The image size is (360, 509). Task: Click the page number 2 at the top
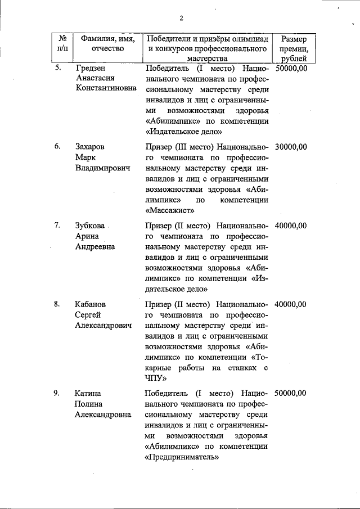(x=182, y=18)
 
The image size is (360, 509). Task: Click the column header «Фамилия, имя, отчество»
(x=107, y=44)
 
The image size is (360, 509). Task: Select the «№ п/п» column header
(x=63, y=44)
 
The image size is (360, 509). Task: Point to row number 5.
(x=57, y=69)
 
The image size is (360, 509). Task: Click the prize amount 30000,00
(x=291, y=147)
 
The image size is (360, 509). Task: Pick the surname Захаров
(x=90, y=147)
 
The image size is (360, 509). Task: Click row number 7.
(x=57, y=226)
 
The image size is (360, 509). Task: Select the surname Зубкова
(x=91, y=226)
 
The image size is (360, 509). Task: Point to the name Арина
(x=87, y=236)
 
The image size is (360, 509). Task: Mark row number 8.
(x=57, y=304)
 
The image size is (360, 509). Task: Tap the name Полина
(x=89, y=404)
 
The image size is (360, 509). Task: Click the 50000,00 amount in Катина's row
(x=291, y=394)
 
